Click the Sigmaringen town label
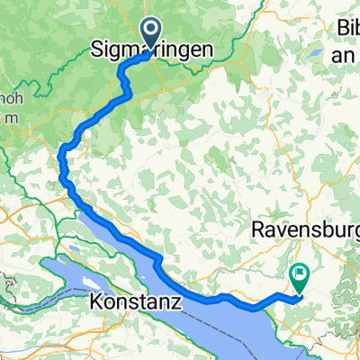coord(154,53)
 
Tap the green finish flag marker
coord(298,272)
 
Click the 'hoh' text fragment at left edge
coord(8,98)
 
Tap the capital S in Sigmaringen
coord(99,53)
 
